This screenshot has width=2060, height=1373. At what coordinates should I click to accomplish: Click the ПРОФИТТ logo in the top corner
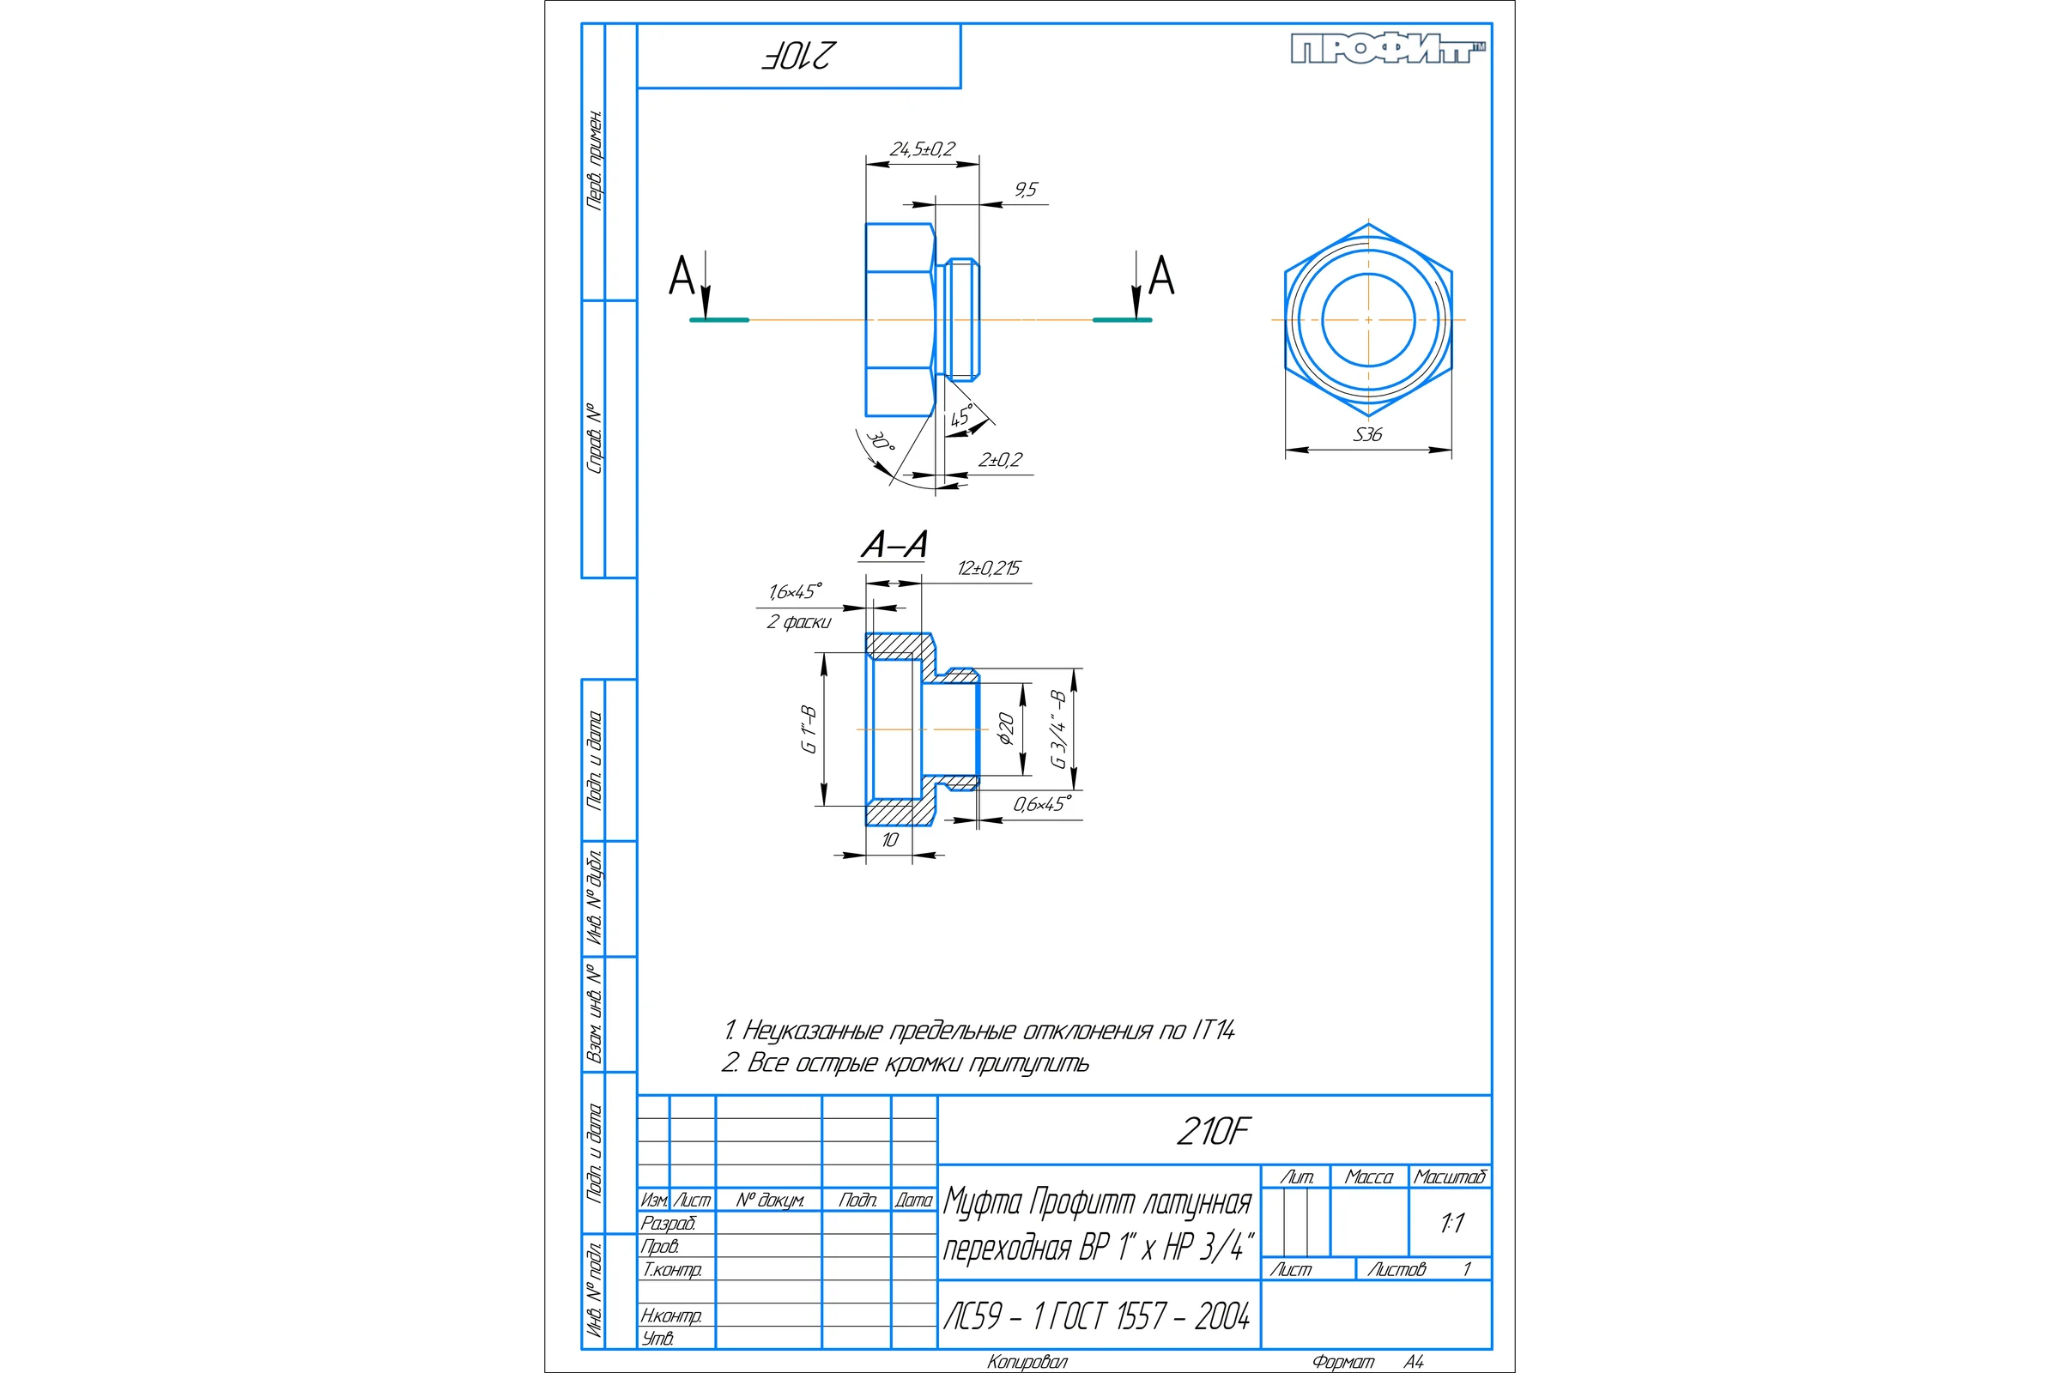pyautogui.click(x=1388, y=49)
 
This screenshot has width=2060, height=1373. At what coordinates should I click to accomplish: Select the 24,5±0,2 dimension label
pyautogui.click(x=922, y=148)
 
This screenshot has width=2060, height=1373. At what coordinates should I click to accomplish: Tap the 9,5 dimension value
pyautogui.click(x=1026, y=189)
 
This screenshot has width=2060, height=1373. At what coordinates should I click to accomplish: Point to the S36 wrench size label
pyautogui.click(x=1367, y=434)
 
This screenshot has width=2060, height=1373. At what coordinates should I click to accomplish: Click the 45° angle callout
pyautogui.click(x=961, y=416)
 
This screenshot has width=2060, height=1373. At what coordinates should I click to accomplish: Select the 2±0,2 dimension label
pyautogui.click(x=1000, y=460)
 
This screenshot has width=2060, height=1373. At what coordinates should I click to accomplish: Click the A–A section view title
pyautogui.click(x=894, y=545)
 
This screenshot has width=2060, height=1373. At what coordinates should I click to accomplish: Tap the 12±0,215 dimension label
pyautogui.click(x=989, y=568)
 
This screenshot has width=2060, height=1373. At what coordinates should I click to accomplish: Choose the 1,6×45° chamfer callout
pyautogui.click(x=796, y=592)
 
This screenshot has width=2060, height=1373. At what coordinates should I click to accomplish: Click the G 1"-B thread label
pyautogui.click(x=809, y=729)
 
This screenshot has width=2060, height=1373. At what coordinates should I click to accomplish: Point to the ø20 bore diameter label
pyautogui.click(x=1005, y=729)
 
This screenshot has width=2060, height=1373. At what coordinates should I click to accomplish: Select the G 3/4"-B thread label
pyautogui.click(x=1058, y=729)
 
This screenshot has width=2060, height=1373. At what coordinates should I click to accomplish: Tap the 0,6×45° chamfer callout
pyautogui.click(x=1042, y=804)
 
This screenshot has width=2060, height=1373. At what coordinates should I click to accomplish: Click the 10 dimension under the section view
pyautogui.click(x=890, y=841)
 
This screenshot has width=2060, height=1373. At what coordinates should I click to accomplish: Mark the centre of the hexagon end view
pyautogui.click(x=1368, y=319)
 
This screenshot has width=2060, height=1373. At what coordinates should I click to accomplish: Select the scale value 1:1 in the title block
pyautogui.click(x=1452, y=1224)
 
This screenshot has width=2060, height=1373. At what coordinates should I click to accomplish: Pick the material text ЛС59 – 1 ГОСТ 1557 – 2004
pyautogui.click(x=1097, y=1316)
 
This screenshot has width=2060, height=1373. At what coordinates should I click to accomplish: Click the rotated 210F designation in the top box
pyautogui.click(x=798, y=56)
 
